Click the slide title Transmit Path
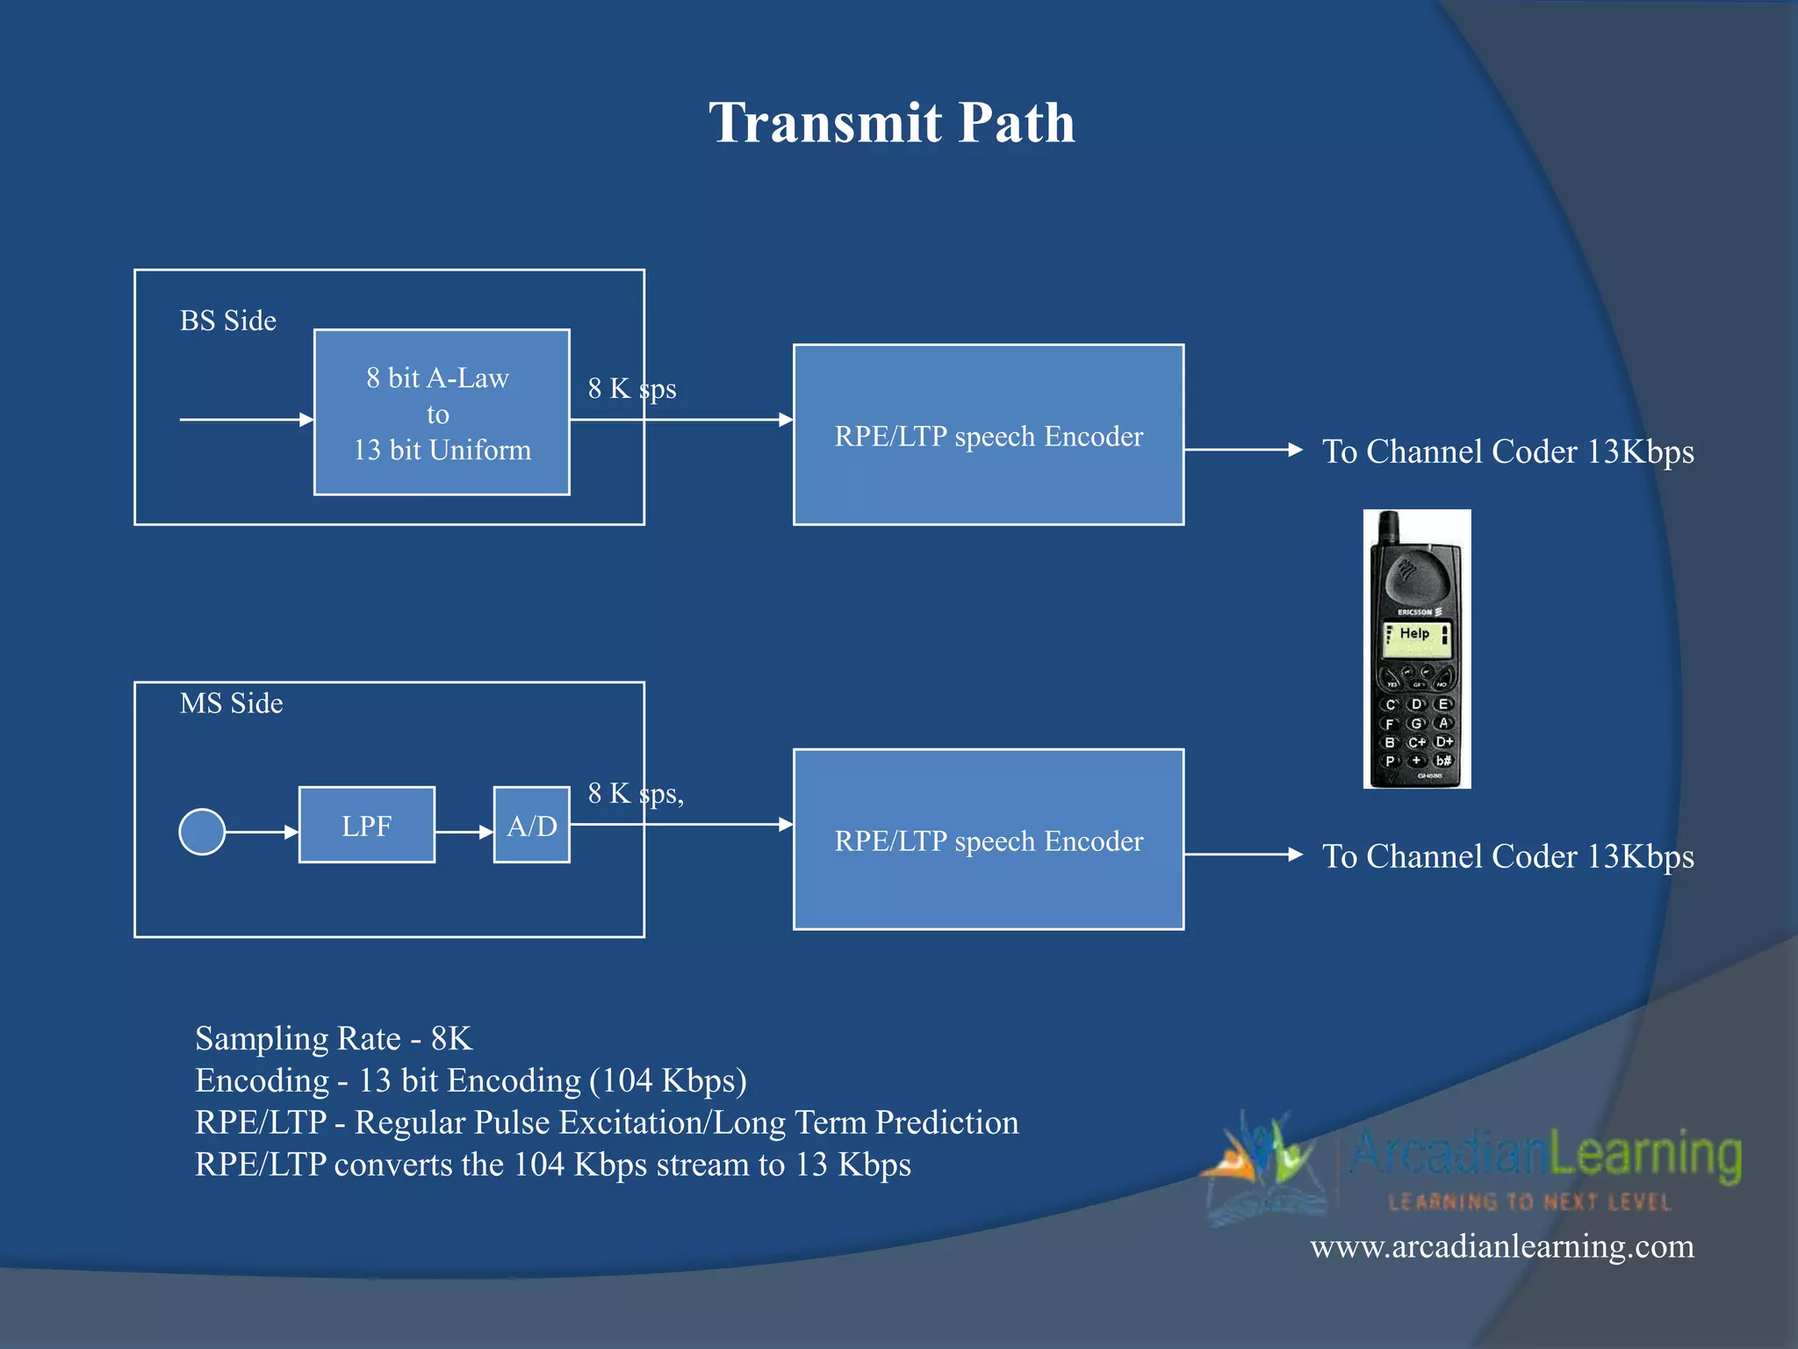[891, 122]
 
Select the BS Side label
[227, 321]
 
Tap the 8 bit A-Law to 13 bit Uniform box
[442, 413]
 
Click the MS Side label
[231, 703]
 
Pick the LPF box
[366, 826]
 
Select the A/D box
[531, 826]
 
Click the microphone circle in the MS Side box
[202, 831]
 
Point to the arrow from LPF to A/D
[464, 831]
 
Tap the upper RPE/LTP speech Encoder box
[988, 436]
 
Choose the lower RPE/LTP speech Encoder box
[988, 840]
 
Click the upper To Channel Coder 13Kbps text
[1507, 451]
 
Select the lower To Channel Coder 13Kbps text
[1507, 856]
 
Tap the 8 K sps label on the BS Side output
[631, 388]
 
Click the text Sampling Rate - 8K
[334, 1038]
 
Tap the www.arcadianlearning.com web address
[1501, 1246]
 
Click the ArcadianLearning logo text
[1545, 1154]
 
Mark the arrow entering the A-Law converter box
[246, 420]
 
